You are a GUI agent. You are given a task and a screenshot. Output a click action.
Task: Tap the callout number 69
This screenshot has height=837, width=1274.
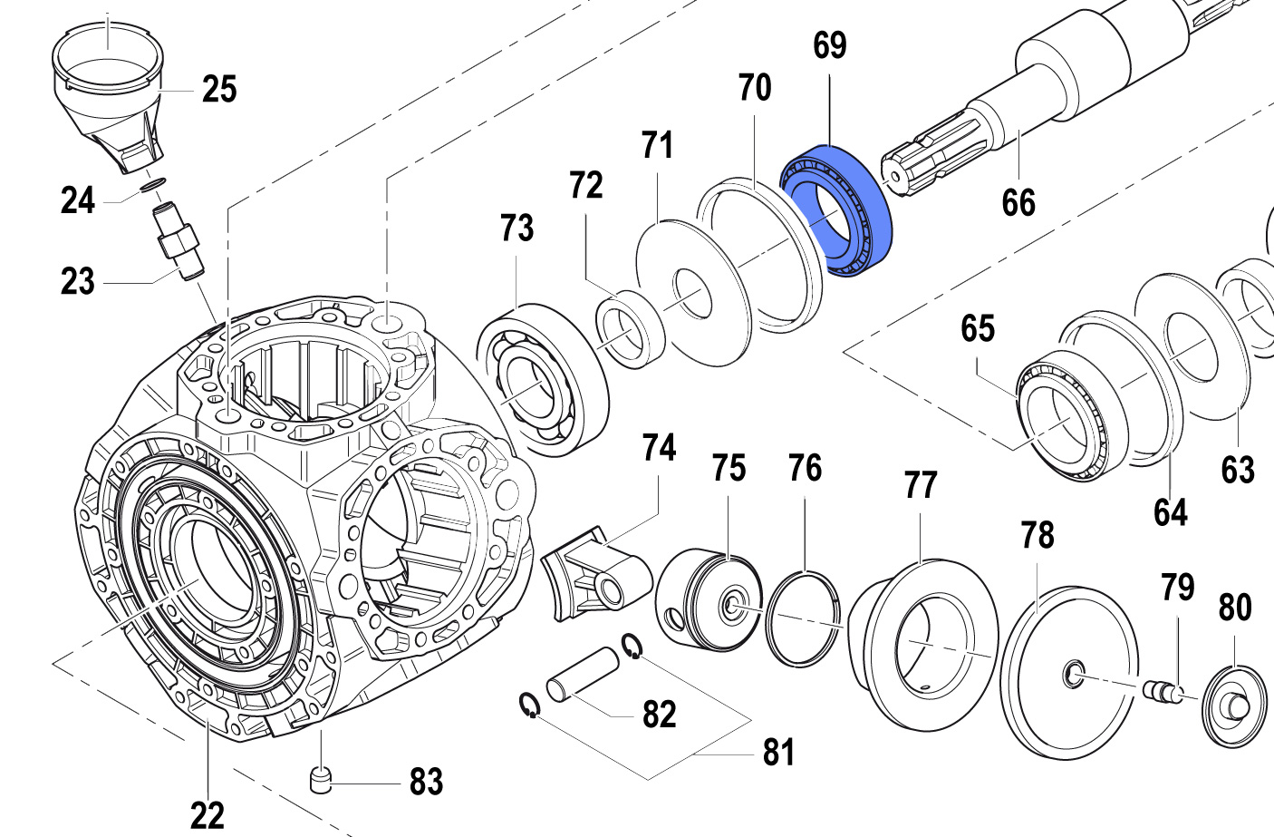click(x=830, y=45)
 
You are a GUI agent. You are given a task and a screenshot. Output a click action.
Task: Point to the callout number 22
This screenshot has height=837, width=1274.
click(x=207, y=815)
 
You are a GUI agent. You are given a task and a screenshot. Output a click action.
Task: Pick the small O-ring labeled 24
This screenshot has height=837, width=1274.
click(x=152, y=185)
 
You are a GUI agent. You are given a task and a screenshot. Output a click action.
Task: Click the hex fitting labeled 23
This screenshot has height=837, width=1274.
click(x=178, y=241)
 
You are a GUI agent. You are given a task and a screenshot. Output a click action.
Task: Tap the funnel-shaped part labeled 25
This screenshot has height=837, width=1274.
click(x=108, y=97)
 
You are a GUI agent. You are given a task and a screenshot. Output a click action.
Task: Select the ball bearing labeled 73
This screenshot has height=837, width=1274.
click(x=542, y=380)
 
